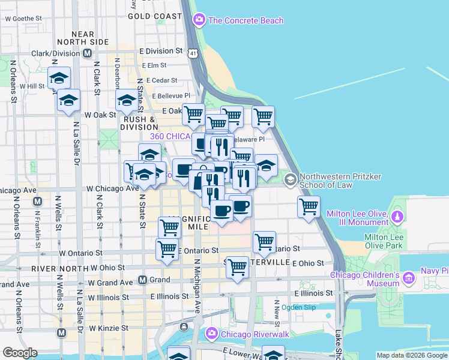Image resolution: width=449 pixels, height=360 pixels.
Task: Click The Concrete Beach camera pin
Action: pos(199,20)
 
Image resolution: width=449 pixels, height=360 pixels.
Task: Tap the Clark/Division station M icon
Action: pos(88,53)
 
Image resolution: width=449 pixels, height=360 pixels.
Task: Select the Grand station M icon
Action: pos(143,280)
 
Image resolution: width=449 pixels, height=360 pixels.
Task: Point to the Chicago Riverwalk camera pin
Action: pos(211,334)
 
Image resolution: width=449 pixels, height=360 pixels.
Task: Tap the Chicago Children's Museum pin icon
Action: pos(408,277)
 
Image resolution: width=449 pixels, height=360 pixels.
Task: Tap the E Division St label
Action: pos(161,51)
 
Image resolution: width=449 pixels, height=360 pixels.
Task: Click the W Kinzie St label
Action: pos(109,328)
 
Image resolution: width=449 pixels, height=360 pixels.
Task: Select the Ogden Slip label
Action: pos(298,307)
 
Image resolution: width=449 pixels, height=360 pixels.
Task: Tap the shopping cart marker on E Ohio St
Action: pos(238,266)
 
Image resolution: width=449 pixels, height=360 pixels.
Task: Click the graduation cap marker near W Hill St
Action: pos(59,78)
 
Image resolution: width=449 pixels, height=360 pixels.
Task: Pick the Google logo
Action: pos(20,353)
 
